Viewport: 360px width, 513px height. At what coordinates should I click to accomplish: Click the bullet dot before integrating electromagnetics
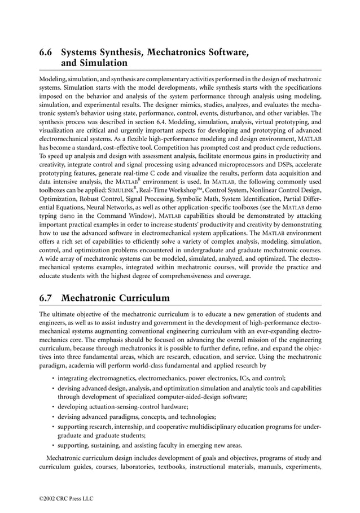click(x=52, y=378)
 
